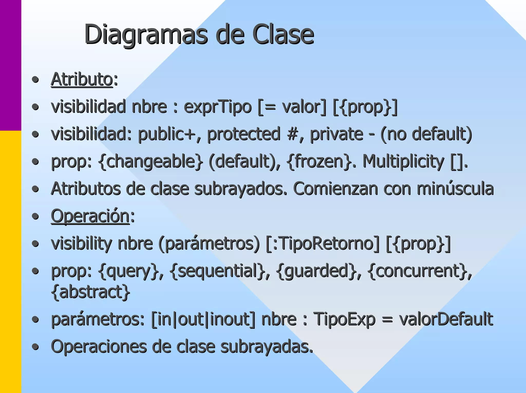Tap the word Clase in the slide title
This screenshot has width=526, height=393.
(283, 34)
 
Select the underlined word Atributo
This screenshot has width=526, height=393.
(82, 79)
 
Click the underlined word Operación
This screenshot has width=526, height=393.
(90, 216)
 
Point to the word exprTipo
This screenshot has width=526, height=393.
(218, 107)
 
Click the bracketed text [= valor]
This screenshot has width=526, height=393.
(292, 107)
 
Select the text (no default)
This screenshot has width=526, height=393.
(426, 134)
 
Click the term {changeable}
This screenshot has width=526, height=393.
(151, 162)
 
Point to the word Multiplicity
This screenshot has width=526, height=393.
(403, 162)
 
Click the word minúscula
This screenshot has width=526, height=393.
(455, 189)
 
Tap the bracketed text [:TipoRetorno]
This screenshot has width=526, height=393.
(322, 243)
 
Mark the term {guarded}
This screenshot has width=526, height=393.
(316, 271)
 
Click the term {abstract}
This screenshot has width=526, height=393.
(91, 292)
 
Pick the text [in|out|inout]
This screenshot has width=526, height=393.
(203, 319)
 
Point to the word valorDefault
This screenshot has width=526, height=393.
(446, 319)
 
